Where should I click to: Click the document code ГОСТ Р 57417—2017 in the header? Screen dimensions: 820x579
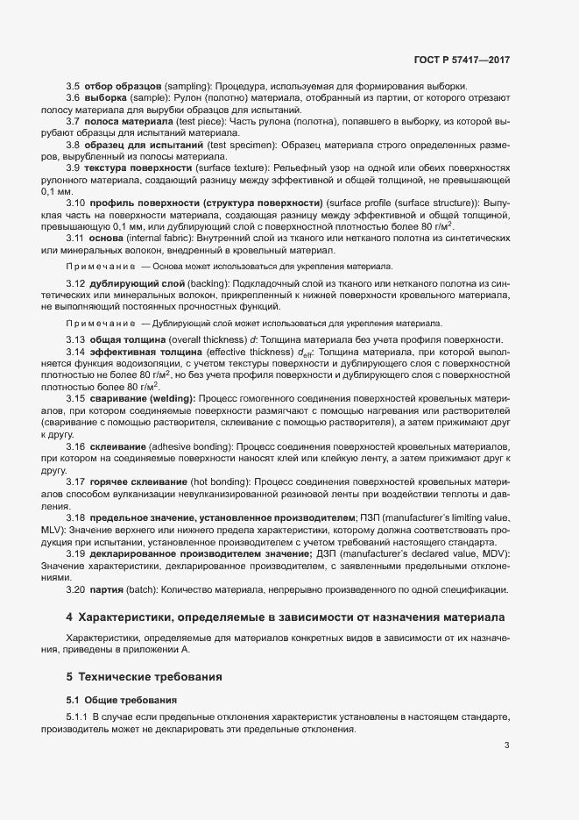461,60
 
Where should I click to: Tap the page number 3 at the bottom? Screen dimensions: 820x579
507,746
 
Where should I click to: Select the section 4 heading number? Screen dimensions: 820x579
70,617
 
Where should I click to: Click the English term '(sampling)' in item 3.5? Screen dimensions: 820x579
187,86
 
